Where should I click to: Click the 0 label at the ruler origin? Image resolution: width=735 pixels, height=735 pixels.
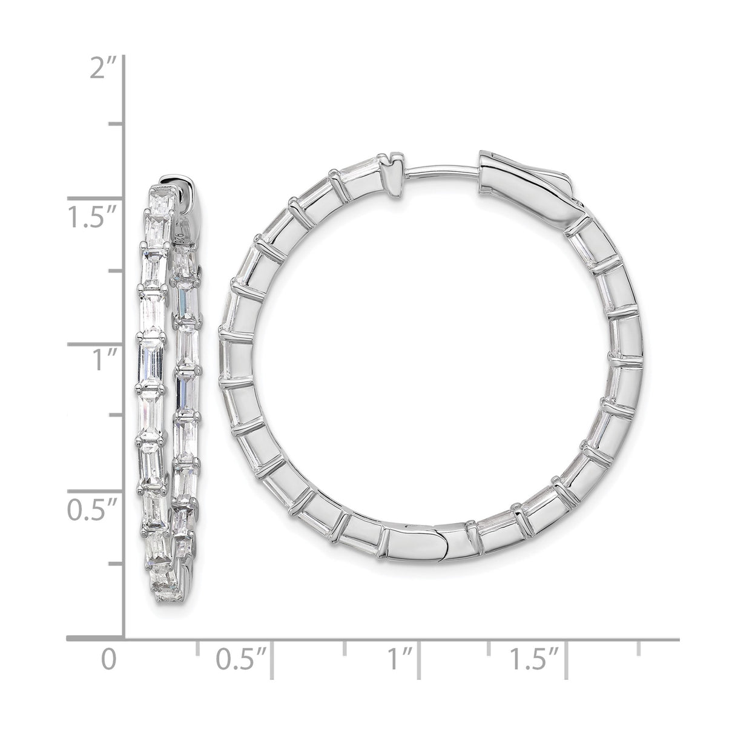click(x=108, y=659)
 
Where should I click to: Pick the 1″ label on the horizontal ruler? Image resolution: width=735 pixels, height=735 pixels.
click(x=399, y=659)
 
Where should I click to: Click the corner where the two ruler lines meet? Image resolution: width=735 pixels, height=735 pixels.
click(x=124, y=638)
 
